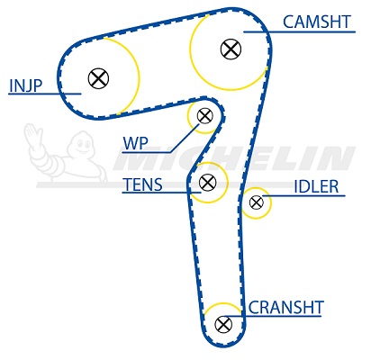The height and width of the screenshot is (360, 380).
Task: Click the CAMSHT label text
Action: click(x=317, y=22)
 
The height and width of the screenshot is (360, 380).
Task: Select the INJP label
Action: click(x=26, y=85)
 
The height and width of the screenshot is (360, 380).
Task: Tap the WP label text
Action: click(x=135, y=143)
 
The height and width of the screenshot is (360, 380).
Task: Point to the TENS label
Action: click(x=143, y=184)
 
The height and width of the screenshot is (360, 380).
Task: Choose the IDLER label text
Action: click(x=316, y=186)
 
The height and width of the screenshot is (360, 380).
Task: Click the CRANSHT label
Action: click(x=285, y=307)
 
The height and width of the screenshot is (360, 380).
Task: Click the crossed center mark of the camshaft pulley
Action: click(x=231, y=49)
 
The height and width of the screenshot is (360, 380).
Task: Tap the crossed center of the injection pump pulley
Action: click(x=98, y=78)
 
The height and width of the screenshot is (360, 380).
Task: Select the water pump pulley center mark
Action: click(x=205, y=115)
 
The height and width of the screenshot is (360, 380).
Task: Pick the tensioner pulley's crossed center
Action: click(x=207, y=182)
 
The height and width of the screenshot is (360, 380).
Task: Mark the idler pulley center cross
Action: click(x=257, y=202)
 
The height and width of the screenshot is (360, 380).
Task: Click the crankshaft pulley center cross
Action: click(x=223, y=324)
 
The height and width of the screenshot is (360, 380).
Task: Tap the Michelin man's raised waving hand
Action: click(x=32, y=136)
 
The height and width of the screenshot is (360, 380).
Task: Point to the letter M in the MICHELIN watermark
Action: click(x=138, y=158)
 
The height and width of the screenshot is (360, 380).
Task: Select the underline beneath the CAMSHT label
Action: click(x=299, y=31)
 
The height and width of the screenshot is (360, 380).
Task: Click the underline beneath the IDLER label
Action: click(x=303, y=196)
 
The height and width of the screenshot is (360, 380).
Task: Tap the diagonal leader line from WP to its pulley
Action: click(x=184, y=138)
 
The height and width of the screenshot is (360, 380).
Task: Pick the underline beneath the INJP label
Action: click(x=45, y=94)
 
